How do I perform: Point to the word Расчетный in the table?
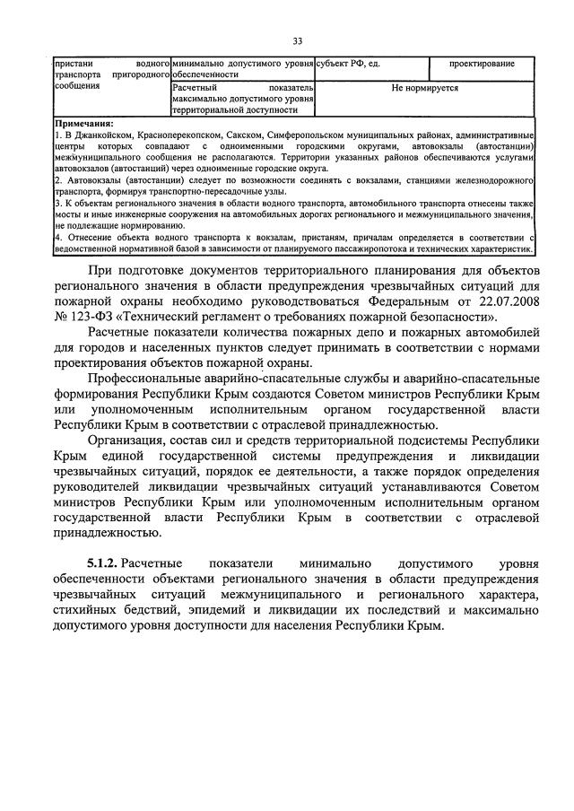[196, 89]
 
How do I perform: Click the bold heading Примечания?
[84, 122]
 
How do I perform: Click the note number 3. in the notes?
[57, 204]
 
